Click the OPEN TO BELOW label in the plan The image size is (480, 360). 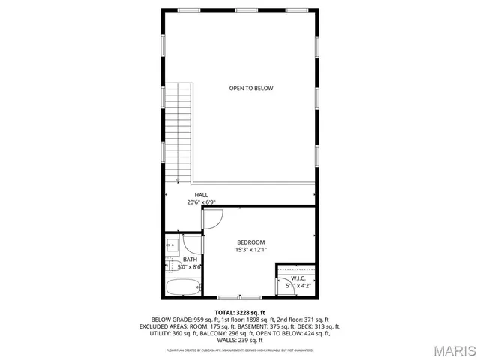click(251, 88)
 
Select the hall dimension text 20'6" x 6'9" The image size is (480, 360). click(202, 202)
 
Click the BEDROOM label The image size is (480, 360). click(251, 241)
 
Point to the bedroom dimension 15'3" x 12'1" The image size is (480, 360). click(251, 250)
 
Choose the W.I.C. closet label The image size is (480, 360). click(298, 277)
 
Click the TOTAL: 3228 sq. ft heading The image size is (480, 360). click(240, 312)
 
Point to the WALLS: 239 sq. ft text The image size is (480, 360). click(240, 340)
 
